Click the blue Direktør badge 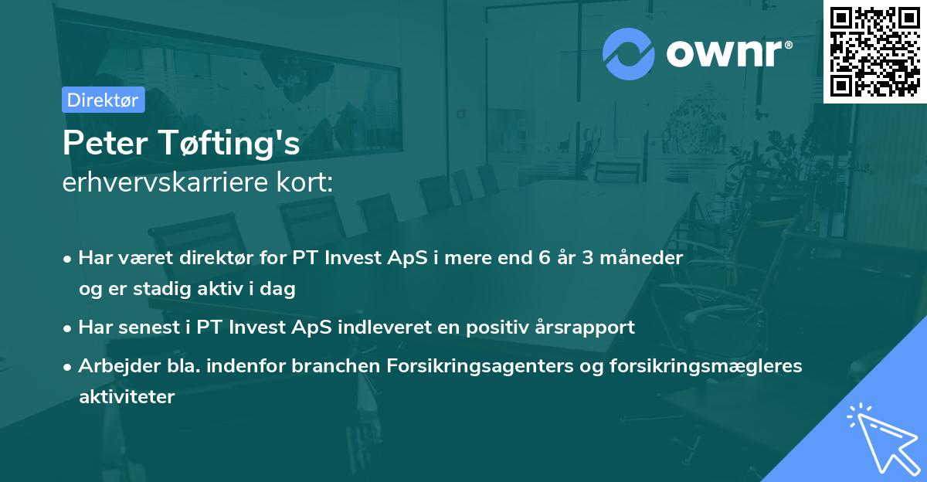pos(103,100)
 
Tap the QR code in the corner pos(875,51)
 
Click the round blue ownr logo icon pos(629,53)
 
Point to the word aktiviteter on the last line pos(127,397)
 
